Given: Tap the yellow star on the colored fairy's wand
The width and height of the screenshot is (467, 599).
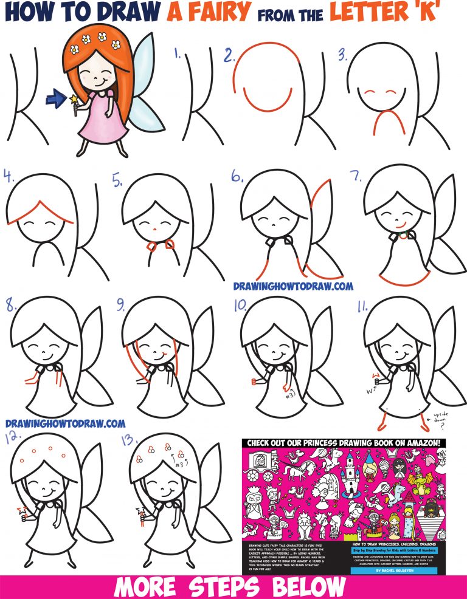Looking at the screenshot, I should tap(74, 97).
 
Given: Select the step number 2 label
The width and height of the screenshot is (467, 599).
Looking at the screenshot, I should tap(229, 56).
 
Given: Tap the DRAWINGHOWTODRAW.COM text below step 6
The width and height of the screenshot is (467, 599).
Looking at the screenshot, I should tap(293, 284).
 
